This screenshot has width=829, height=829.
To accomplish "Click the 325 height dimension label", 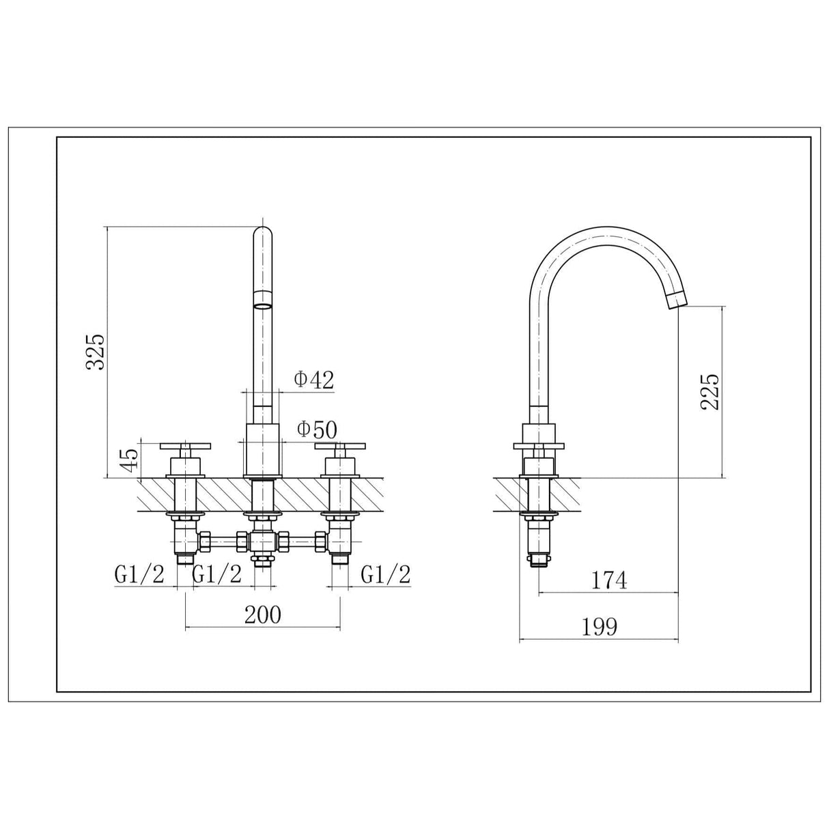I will (x=95, y=351).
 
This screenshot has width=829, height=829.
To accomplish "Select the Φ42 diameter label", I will (x=313, y=380).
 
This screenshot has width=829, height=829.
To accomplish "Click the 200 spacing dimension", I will (x=263, y=615).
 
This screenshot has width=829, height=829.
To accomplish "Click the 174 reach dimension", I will (x=609, y=580).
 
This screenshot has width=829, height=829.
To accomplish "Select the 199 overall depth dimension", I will (x=599, y=626).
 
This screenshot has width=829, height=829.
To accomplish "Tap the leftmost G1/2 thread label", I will (x=139, y=575).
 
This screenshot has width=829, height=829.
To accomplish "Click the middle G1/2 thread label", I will (x=217, y=575).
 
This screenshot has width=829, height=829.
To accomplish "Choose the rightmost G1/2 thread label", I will (x=386, y=575).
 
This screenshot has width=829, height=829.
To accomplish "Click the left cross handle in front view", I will (x=186, y=447).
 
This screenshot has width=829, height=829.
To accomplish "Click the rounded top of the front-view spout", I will (x=263, y=233).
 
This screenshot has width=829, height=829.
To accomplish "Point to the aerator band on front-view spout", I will (x=263, y=298).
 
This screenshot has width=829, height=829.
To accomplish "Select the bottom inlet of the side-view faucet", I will (x=540, y=562).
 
